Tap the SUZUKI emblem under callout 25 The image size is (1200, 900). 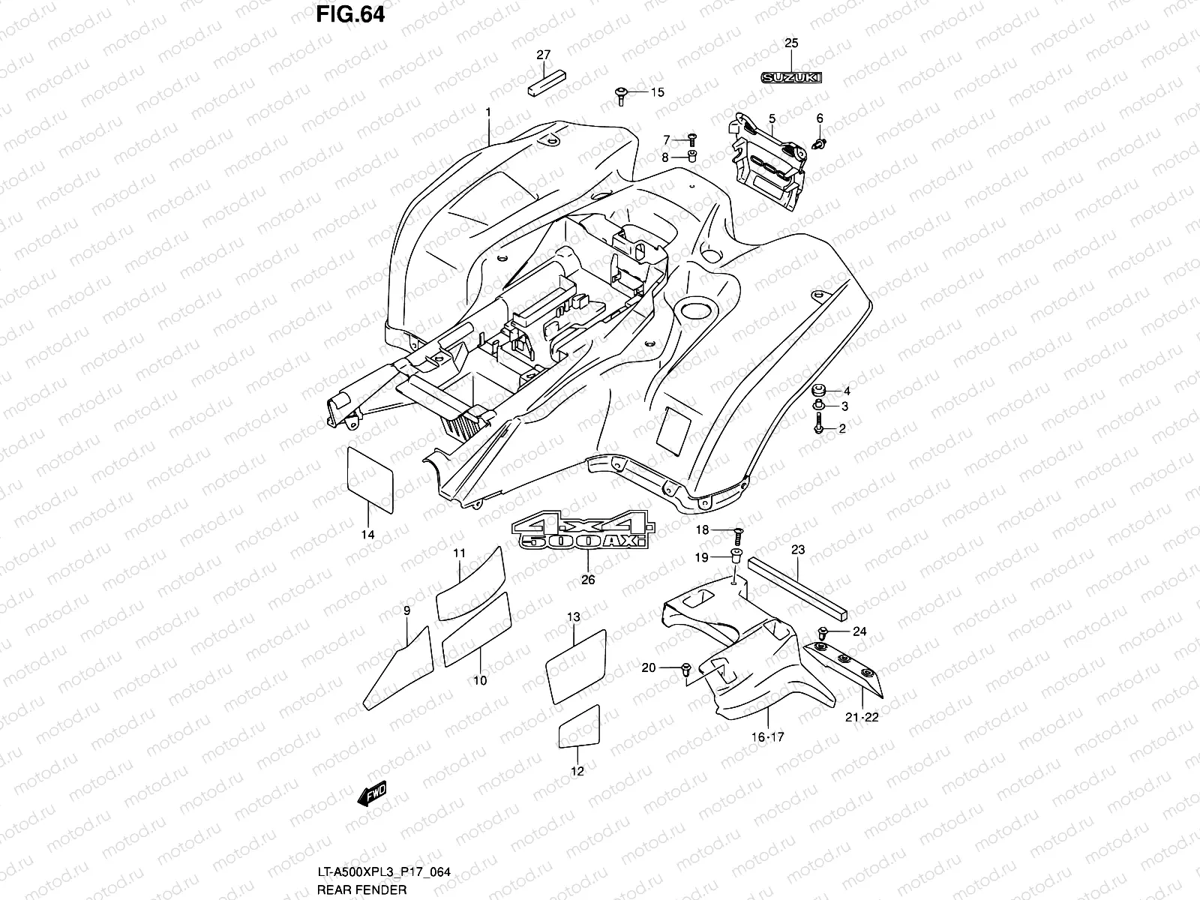coord(792,77)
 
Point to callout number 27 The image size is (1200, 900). coord(543,55)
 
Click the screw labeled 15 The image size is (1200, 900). coord(621,93)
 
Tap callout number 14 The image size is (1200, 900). coord(367,535)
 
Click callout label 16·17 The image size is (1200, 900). coord(768,737)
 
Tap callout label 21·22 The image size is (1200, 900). coord(862,717)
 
